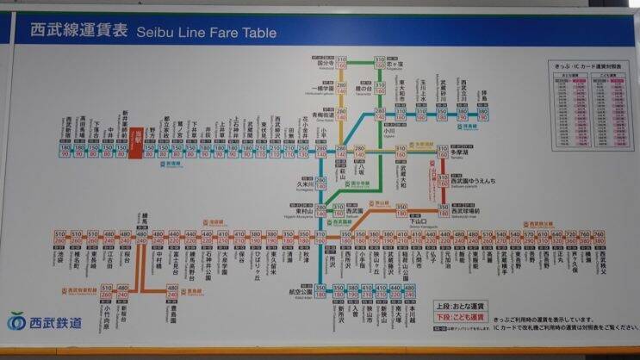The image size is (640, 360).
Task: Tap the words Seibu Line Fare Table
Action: point(207,33)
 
